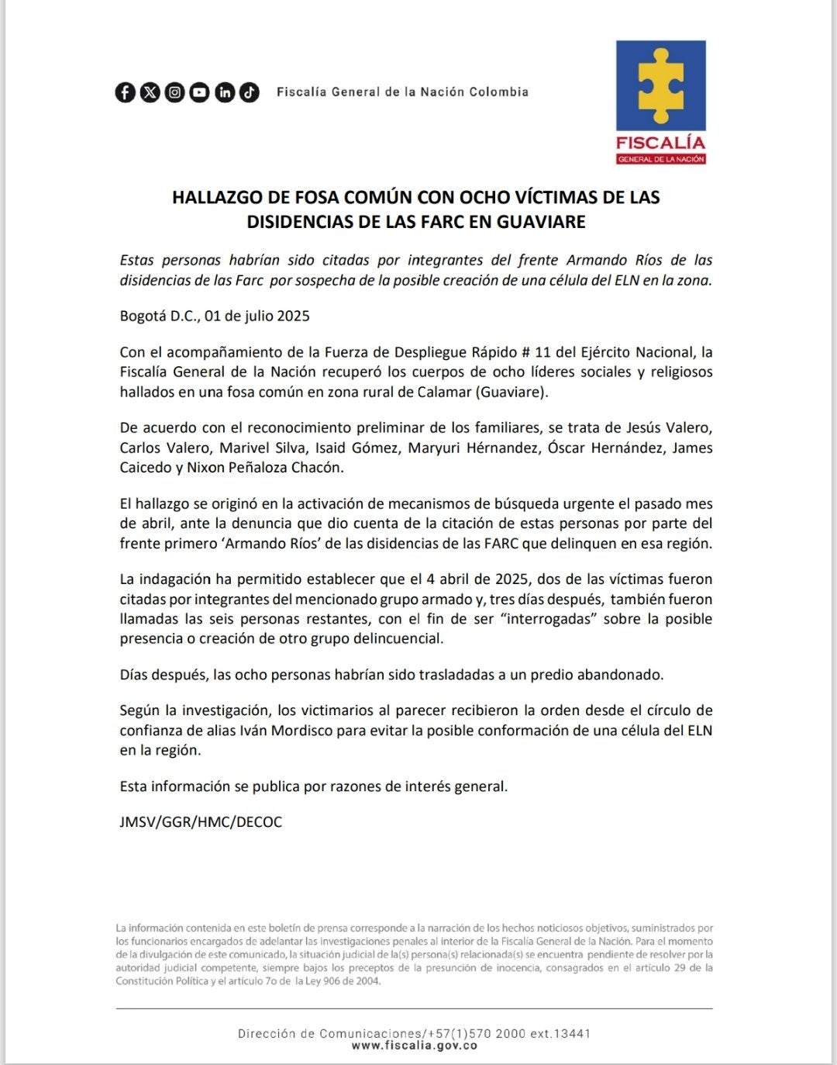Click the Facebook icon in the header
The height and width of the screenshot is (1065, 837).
coord(126,92)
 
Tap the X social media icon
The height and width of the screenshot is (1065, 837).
coord(150,92)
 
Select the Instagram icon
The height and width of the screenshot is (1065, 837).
coord(175,92)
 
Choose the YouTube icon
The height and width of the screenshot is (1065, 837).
coord(200,92)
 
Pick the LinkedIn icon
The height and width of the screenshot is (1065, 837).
coord(225,92)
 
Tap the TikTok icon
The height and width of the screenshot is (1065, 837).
coord(249,92)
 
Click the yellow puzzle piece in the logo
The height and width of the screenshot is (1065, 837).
coord(660,85)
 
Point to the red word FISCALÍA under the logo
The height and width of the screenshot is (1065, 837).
coord(660,143)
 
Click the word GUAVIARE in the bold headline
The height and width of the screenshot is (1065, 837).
coord(541,222)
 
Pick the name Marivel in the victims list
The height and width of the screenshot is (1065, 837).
coord(243,448)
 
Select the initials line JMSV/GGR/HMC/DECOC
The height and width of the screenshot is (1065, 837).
coord(201,822)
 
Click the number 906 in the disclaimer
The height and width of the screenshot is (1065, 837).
coord(327,981)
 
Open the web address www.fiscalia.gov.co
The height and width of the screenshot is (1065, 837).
coord(415,1046)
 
